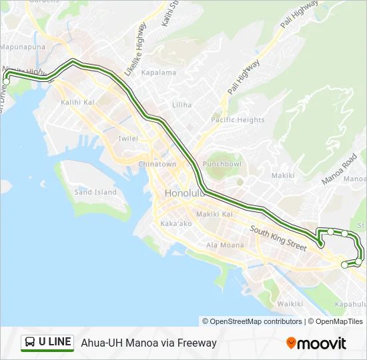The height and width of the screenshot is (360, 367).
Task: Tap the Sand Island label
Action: [95, 192]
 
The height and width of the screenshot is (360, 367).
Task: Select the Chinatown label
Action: [157, 164]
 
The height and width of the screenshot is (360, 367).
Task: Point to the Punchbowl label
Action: [222, 163]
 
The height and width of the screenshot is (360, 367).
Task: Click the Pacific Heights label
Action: [238, 120]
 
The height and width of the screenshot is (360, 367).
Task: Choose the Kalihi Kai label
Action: [78, 103]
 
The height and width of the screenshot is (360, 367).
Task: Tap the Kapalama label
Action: [159, 73]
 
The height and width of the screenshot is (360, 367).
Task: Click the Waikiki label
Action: [290, 304]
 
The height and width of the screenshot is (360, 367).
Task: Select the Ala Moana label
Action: [225, 245]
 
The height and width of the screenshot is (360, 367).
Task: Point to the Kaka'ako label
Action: [176, 223]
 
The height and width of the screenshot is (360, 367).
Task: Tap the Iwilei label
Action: [127, 139]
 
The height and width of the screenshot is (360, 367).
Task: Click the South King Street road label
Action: [278, 238]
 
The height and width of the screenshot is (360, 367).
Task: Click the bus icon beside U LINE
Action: [30, 343]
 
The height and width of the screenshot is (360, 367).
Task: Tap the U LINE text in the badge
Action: [55, 342]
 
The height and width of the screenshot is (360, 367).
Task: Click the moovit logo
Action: [316, 343]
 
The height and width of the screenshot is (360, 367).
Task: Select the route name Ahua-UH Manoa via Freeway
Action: [149, 343]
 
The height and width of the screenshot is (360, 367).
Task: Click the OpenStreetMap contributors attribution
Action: [252, 321]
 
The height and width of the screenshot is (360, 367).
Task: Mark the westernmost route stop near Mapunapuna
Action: [7, 81]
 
